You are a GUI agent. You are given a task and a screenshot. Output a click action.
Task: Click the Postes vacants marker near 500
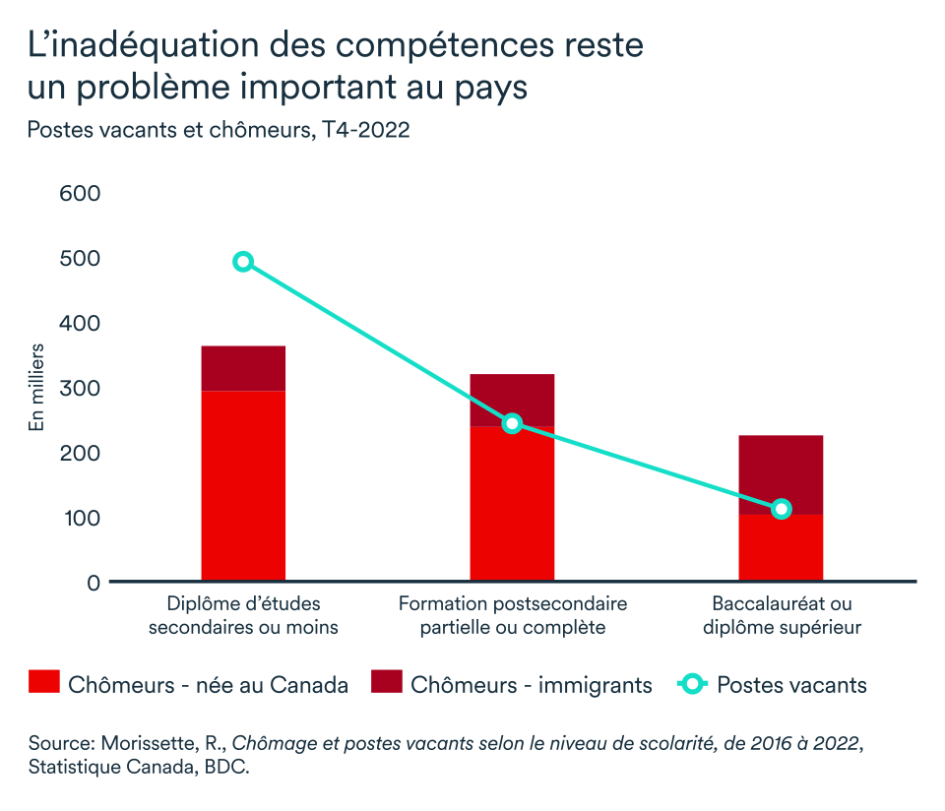coord(243,262)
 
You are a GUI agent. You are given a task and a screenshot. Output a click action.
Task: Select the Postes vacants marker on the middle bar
coord(512,423)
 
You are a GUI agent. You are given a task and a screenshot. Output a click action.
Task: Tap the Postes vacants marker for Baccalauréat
coord(782,509)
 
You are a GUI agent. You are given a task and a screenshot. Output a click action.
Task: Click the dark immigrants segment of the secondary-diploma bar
coord(243,368)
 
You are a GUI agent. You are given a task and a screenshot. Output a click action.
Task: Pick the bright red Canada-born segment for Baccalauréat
coord(781,549)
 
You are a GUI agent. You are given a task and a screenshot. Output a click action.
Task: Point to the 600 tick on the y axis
coord(81,194)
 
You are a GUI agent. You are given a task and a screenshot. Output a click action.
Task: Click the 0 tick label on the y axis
coord(94,583)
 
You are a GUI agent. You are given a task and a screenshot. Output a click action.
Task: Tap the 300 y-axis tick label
coord(81,388)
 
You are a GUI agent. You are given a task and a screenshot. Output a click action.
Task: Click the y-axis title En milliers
coord(36,387)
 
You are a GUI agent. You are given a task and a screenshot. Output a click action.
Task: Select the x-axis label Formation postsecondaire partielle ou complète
coord(512,615)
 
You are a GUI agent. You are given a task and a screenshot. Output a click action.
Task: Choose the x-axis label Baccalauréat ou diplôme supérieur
coord(782,615)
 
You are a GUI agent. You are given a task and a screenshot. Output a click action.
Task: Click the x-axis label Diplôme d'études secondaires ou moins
coord(243,615)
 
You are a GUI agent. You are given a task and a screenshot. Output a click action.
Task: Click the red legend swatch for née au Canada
coord(43,684)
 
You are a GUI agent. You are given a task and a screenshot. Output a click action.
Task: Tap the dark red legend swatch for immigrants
coord(386,684)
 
